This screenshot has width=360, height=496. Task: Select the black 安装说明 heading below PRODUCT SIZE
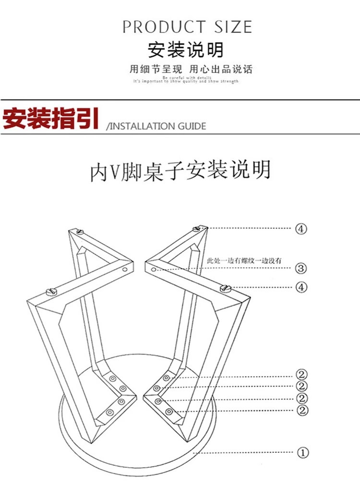coord(185,50)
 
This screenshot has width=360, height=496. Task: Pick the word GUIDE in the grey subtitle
coord(192,126)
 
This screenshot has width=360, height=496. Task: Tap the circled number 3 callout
coord(301,268)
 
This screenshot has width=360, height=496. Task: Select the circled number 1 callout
coord(302,452)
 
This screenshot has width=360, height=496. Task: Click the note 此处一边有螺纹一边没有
coord(243,260)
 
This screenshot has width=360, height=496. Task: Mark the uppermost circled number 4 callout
coord(301,228)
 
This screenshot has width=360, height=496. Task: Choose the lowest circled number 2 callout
coord(302,410)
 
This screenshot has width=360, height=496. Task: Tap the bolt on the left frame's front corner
coord(50,291)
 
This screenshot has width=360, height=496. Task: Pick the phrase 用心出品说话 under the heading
coord(220,69)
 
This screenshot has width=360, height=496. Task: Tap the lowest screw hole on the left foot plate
coord(110,412)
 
